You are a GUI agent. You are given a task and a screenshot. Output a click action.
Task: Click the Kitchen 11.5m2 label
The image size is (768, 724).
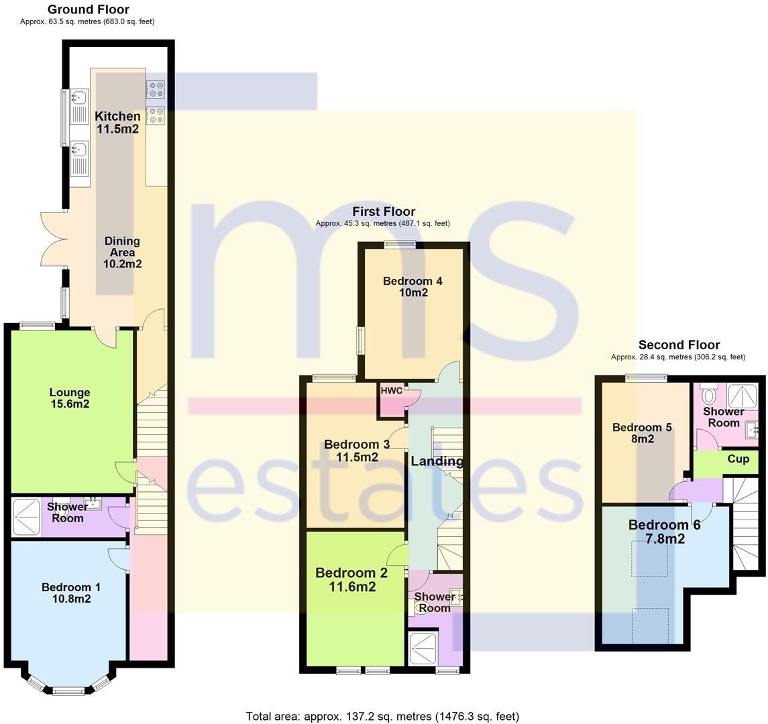pyautogui.click(x=117, y=123)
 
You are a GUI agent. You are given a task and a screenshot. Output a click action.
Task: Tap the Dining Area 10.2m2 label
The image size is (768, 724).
pyautogui.click(x=122, y=252)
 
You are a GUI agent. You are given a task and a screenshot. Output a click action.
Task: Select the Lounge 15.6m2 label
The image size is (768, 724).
pyautogui.click(x=69, y=398)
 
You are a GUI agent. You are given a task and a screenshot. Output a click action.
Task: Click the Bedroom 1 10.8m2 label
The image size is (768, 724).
pyautogui.click(x=71, y=593)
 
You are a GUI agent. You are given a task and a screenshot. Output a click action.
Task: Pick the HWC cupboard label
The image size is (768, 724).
pyautogui.click(x=391, y=391)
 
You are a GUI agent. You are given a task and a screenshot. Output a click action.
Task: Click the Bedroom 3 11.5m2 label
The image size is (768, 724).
pyautogui.click(x=357, y=450)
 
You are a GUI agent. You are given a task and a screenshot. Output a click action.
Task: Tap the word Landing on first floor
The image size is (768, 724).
pyautogui.click(x=437, y=461)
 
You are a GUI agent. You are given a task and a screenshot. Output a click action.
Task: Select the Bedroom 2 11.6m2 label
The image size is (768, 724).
pyautogui.click(x=351, y=580)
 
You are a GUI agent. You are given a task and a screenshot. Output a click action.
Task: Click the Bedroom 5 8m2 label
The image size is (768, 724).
pyautogui.click(x=642, y=433)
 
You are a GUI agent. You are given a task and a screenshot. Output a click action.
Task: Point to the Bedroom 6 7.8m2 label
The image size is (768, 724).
pyautogui.click(x=664, y=532)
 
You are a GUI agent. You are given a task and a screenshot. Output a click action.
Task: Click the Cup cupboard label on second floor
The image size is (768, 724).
pyautogui.click(x=738, y=460)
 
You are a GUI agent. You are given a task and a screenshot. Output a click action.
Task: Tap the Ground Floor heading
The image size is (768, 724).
pyautogui.click(x=88, y=9)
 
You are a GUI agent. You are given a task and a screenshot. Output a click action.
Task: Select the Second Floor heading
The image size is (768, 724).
pyautogui.click(x=679, y=345)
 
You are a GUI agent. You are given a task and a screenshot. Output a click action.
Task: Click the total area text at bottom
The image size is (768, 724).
pyautogui.click(x=382, y=716)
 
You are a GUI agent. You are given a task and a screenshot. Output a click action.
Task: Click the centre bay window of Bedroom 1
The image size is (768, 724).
pyautogui.click(x=68, y=690)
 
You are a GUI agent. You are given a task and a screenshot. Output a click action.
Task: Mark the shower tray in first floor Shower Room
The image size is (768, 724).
pyautogui.click(x=423, y=647)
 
